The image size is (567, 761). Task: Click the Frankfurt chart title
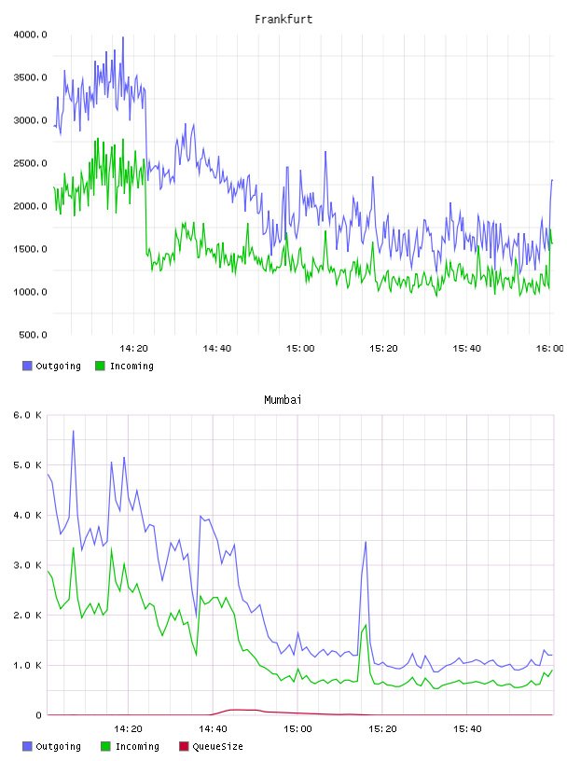coord(283,20)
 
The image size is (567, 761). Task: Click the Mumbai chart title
coord(283,400)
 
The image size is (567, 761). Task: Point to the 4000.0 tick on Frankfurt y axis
coord(30,35)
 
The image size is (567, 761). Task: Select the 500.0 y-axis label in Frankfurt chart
coord(33,335)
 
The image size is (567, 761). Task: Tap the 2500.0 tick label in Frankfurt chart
coord(30,163)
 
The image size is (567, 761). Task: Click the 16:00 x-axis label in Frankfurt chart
coord(549,349)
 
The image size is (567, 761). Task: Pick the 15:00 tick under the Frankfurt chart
coord(300,349)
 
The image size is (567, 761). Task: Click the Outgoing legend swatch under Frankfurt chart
coord(27,366)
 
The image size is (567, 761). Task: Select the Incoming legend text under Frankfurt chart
coord(131,366)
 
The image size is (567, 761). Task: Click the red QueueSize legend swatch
coord(184,746)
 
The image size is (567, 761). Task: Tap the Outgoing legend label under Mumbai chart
coord(58,746)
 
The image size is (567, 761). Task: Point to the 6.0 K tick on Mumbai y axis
coord(27,415)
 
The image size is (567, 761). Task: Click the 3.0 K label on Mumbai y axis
coord(27,565)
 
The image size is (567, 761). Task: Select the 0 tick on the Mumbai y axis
coord(39,715)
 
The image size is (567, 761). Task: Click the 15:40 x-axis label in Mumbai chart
coord(467,729)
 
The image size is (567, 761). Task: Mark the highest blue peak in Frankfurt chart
coord(123,37)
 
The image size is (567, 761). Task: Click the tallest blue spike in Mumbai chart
coord(74,431)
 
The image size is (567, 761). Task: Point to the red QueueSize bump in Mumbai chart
coord(238,710)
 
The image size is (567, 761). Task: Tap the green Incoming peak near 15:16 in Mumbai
coord(366,625)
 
